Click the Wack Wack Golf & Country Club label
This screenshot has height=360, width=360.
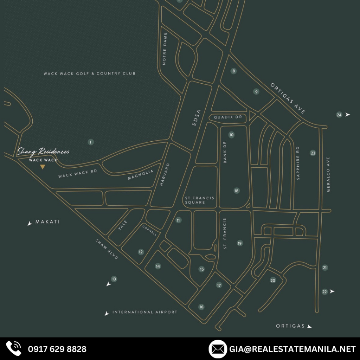(89, 73)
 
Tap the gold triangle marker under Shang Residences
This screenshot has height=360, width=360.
(43, 167)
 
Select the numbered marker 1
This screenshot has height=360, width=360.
(91, 142)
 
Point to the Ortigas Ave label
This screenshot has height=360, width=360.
(288, 98)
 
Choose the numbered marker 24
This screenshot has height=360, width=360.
(339, 115)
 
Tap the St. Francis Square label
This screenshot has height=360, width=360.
(199, 200)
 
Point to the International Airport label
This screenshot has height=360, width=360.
(145, 312)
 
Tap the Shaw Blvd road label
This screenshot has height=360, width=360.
(107, 249)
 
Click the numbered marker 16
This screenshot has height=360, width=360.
(201, 307)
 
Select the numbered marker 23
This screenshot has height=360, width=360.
(313, 153)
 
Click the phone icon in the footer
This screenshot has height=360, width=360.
(14, 349)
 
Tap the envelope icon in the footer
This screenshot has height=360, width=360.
(218, 349)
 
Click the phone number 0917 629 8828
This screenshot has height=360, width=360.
(57, 349)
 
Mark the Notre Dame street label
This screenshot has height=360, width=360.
(165, 48)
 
